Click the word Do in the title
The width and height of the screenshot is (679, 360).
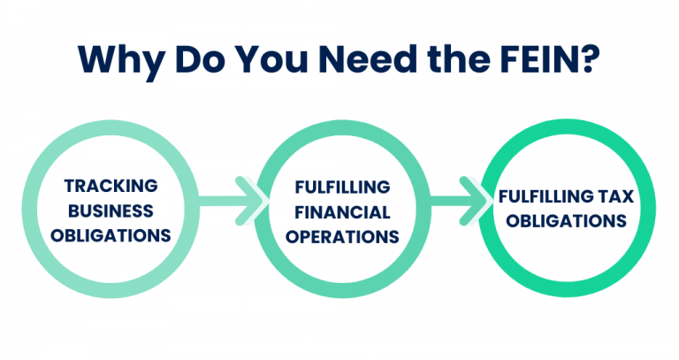pos(195,59)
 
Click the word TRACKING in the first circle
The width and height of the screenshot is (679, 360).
pos(111,187)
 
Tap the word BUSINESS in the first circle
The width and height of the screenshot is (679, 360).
pos(111,211)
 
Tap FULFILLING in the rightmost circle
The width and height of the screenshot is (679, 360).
pos(539,195)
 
